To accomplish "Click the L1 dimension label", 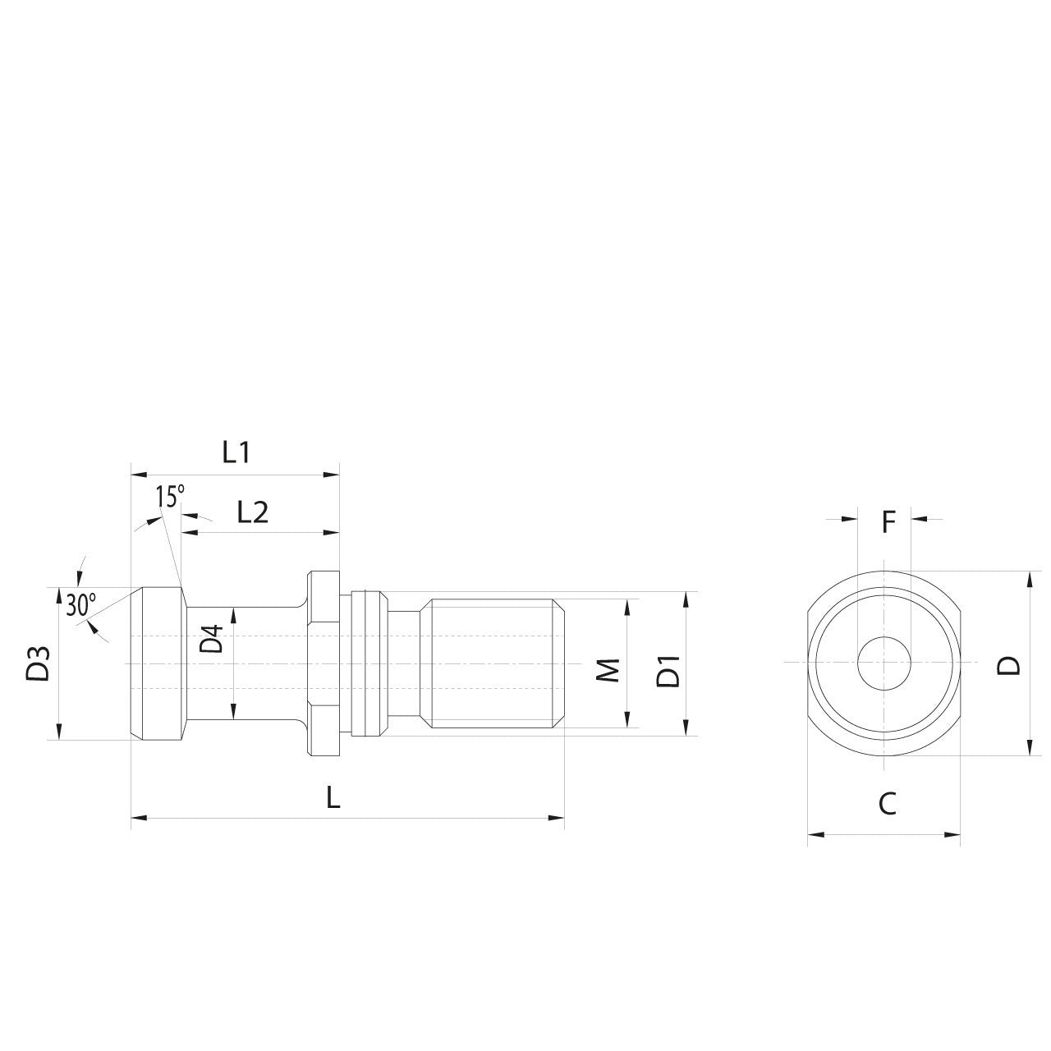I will point(236,452).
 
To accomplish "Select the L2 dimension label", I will point(253,512).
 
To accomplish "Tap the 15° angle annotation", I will point(170,497).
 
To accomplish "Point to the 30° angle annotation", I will point(80,605).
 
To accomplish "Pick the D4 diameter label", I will point(213,639).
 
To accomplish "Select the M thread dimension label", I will point(608,669).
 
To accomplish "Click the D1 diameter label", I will point(670,672).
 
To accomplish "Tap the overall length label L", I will point(333,797).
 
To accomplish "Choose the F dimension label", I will point(888,521).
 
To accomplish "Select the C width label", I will point(887,805).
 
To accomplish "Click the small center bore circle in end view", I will point(883,663).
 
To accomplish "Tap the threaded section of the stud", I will point(493,663).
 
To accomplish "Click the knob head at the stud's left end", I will point(156,663).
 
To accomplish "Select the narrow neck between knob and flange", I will point(246,663).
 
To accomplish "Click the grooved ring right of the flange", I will point(367,663).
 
